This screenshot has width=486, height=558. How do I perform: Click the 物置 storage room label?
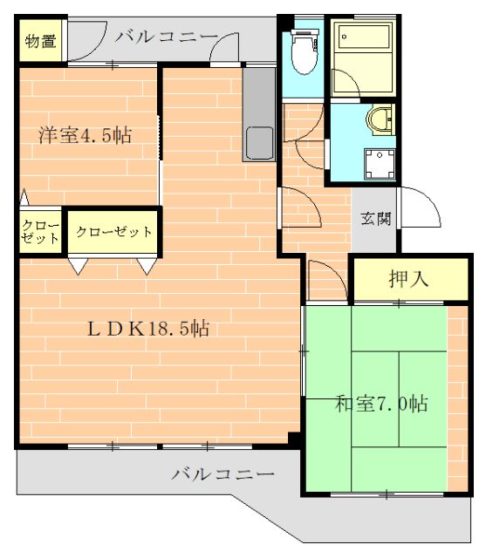[40, 41]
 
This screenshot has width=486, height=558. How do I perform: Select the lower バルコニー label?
[222, 474]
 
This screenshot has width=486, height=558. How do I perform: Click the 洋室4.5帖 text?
[84, 136]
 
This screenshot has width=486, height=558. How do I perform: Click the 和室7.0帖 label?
[381, 404]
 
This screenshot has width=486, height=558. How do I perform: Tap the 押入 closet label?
[407, 279]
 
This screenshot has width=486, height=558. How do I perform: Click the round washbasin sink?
[380, 119]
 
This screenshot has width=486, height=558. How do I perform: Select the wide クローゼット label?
[113, 232]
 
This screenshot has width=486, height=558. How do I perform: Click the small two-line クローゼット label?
[41, 232]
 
